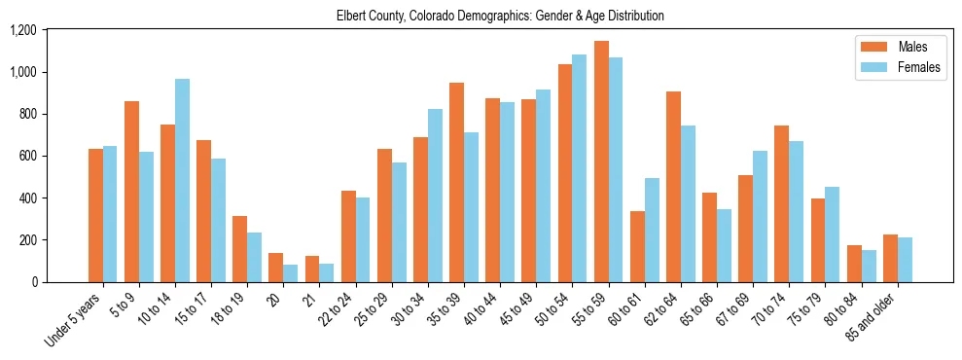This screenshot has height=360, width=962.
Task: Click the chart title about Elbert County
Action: tap(500, 16)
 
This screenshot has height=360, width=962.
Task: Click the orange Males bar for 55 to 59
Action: tap(601, 162)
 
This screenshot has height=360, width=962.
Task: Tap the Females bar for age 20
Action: tap(290, 273)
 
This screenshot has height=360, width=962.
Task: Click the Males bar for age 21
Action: tap(312, 269)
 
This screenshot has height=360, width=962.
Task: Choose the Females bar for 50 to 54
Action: tap(580, 168)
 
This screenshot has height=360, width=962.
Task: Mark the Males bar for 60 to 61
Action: tap(637, 246)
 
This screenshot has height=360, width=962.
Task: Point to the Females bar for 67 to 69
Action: tap(760, 216)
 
